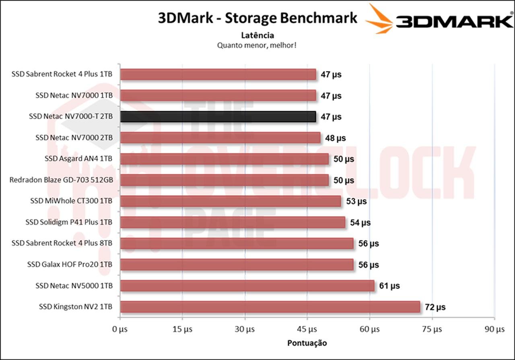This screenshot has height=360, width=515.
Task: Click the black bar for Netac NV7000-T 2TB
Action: (x=218, y=117)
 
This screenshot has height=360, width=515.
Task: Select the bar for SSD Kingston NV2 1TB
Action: (x=270, y=307)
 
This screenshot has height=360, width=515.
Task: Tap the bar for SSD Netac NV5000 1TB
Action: (x=247, y=286)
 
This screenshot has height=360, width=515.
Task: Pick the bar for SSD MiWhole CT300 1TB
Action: (x=230, y=201)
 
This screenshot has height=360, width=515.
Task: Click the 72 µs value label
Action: (x=435, y=307)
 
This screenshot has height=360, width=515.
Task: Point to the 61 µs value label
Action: (x=389, y=286)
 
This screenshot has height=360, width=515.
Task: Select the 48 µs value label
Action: (x=336, y=138)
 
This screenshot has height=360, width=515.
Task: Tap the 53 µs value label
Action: (x=356, y=201)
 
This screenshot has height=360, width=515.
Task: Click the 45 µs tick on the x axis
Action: (x=307, y=329)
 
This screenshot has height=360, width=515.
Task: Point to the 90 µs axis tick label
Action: (x=494, y=329)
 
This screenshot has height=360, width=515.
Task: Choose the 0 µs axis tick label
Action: (x=119, y=329)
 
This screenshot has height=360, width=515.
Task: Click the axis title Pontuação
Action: (x=307, y=343)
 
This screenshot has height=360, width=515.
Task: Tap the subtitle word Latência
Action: (x=257, y=35)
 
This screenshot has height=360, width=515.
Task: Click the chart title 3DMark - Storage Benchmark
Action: (x=257, y=18)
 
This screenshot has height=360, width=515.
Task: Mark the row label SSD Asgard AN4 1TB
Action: (x=78, y=159)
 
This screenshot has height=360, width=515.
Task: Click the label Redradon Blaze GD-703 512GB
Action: (x=61, y=180)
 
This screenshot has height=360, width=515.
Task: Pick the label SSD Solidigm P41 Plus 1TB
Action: (x=69, y=222)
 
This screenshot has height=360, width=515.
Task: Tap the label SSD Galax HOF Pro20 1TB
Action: (x=70, y=264)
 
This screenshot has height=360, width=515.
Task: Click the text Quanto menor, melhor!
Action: (x=257, y=45)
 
